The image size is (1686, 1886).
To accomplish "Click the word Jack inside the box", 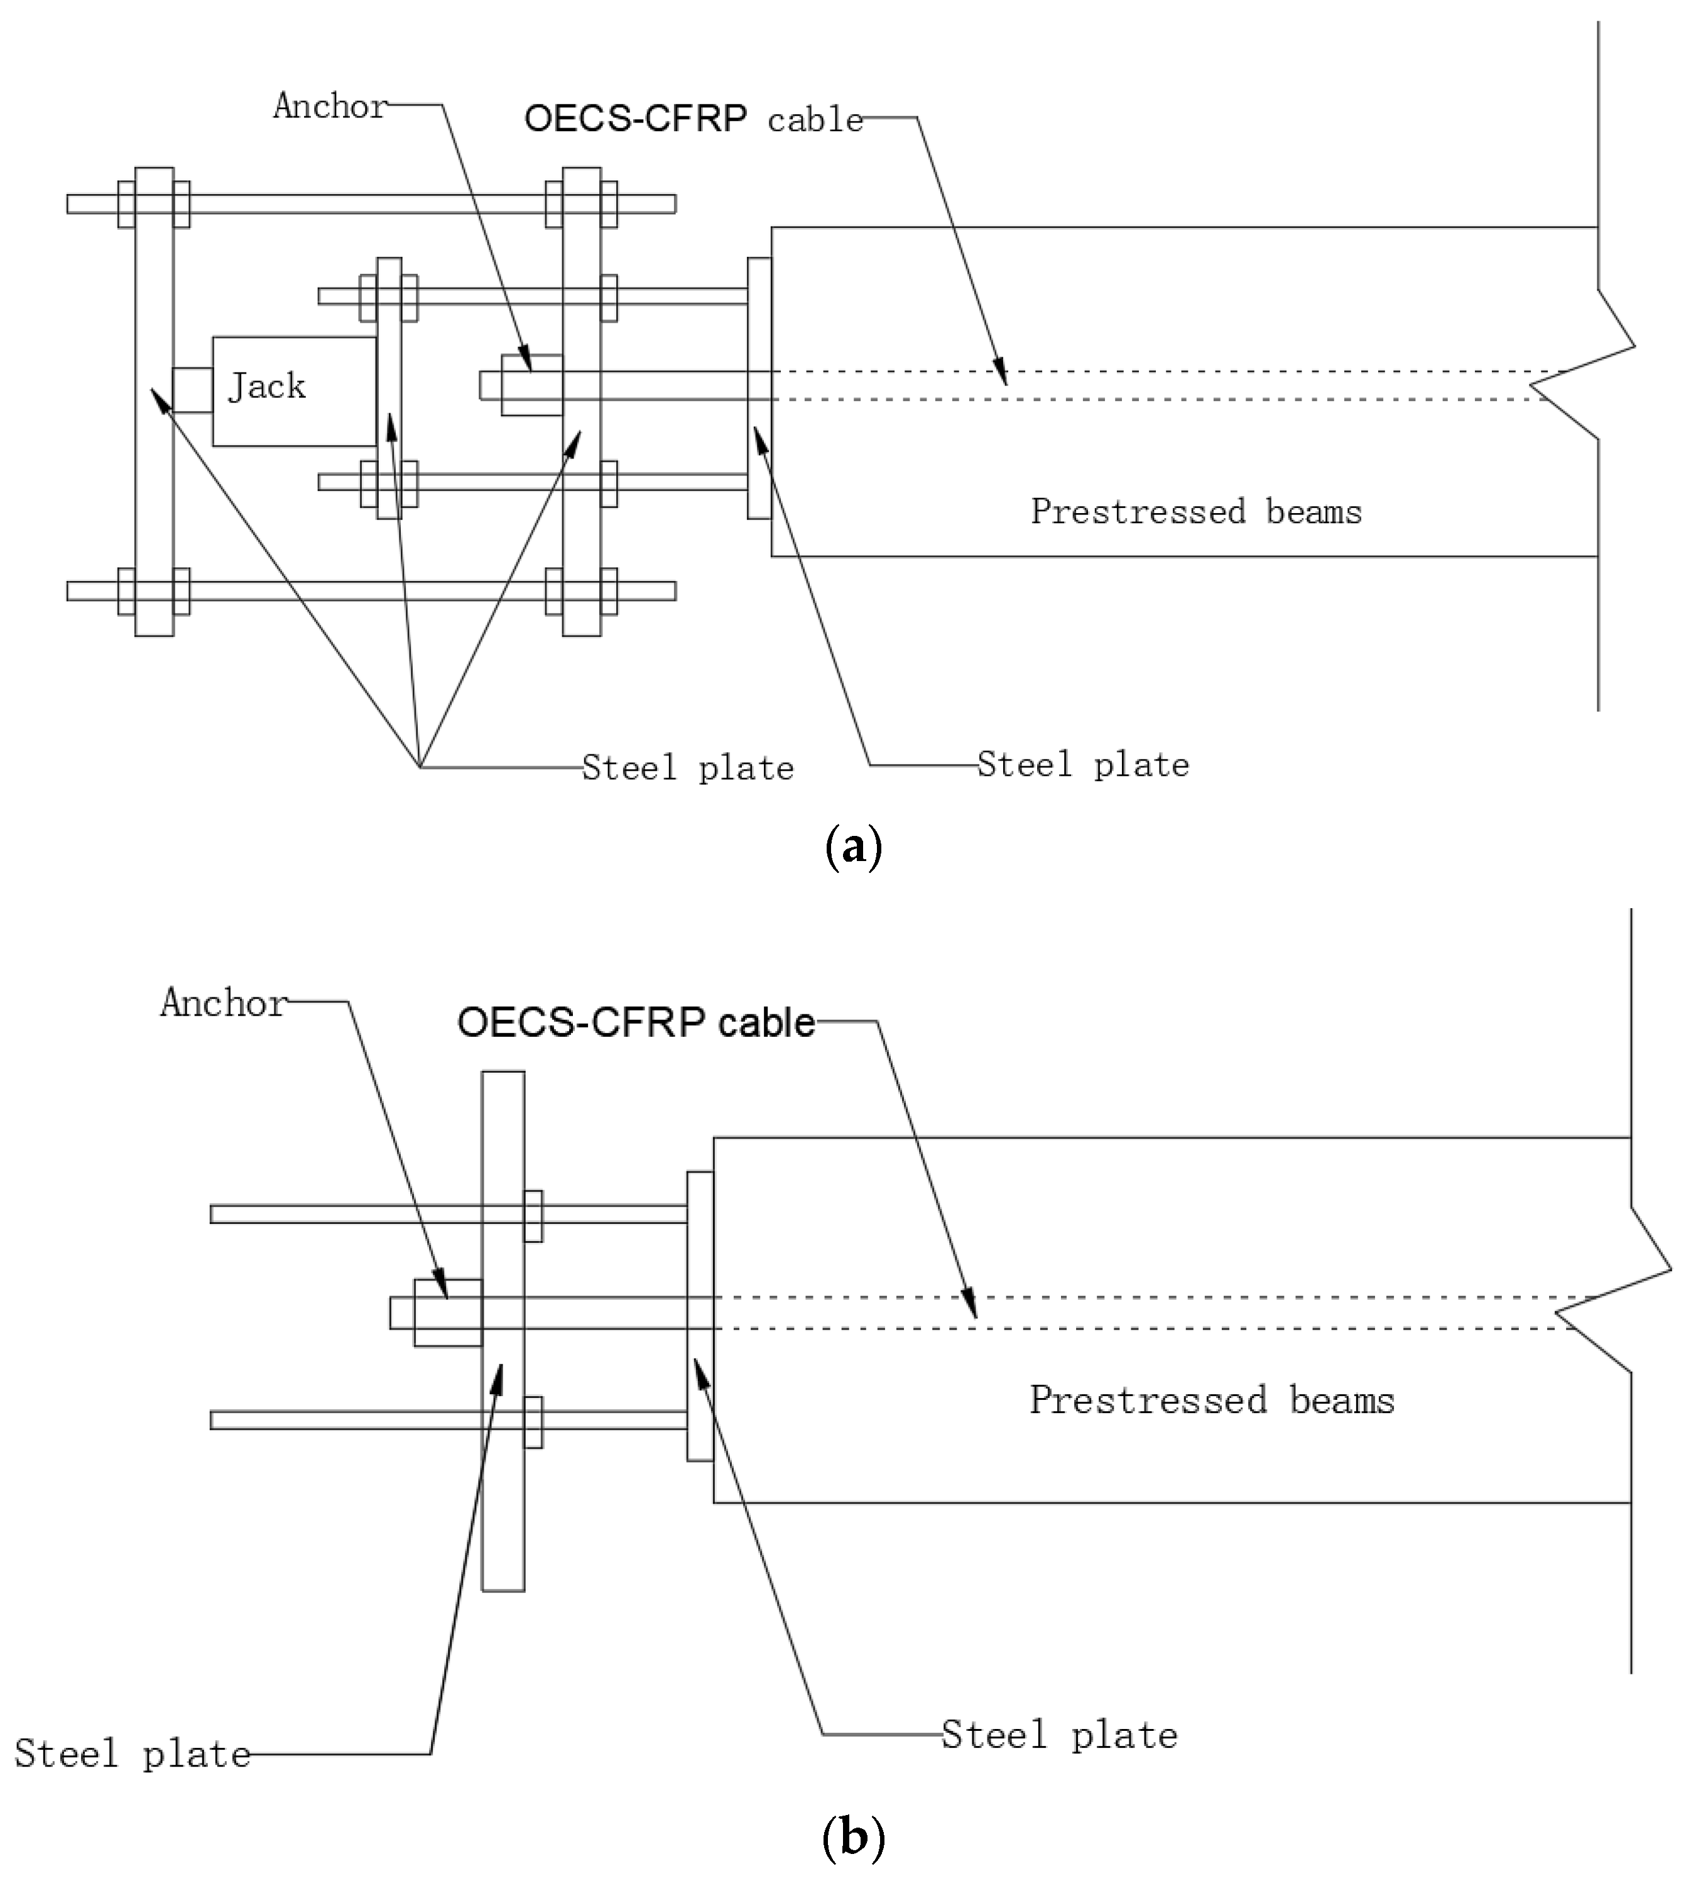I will [x=267, y=386].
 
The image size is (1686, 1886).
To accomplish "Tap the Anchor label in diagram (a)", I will [x=330, y=107].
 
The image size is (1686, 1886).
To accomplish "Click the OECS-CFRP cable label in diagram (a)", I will [x=693, y=119].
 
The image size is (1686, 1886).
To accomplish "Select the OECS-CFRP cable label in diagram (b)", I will [x=636, y=1022].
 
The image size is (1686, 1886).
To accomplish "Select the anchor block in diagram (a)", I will [x=531, y=384].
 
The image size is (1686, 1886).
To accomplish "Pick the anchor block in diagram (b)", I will [x=447, y=1313].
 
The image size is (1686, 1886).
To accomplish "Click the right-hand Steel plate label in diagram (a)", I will [x=1083, y=765].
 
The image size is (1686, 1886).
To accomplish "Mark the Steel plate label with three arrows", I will [x=687, y=769].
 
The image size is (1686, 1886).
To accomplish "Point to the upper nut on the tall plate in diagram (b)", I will [x=533, y=1215].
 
